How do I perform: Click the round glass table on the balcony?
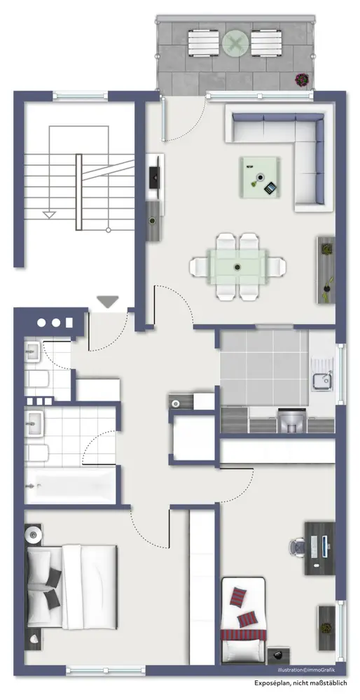pos(235,43)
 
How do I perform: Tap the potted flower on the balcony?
pos(301,80)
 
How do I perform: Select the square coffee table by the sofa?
pos(260,177)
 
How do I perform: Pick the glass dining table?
pos(237,267)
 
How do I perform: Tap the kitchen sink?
pos(321,380)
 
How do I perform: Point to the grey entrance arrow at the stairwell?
pos(108,302)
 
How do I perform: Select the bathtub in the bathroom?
pos(71,485)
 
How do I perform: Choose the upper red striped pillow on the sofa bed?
pos(237,597)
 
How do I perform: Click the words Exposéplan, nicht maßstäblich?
pos(305,682)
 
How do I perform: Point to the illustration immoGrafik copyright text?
pos(305,670)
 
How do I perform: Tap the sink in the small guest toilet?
pos(32,351)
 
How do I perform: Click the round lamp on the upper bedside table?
pos(34,533)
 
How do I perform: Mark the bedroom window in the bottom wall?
pos(106,670)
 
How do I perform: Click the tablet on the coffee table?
pos(270,188)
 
